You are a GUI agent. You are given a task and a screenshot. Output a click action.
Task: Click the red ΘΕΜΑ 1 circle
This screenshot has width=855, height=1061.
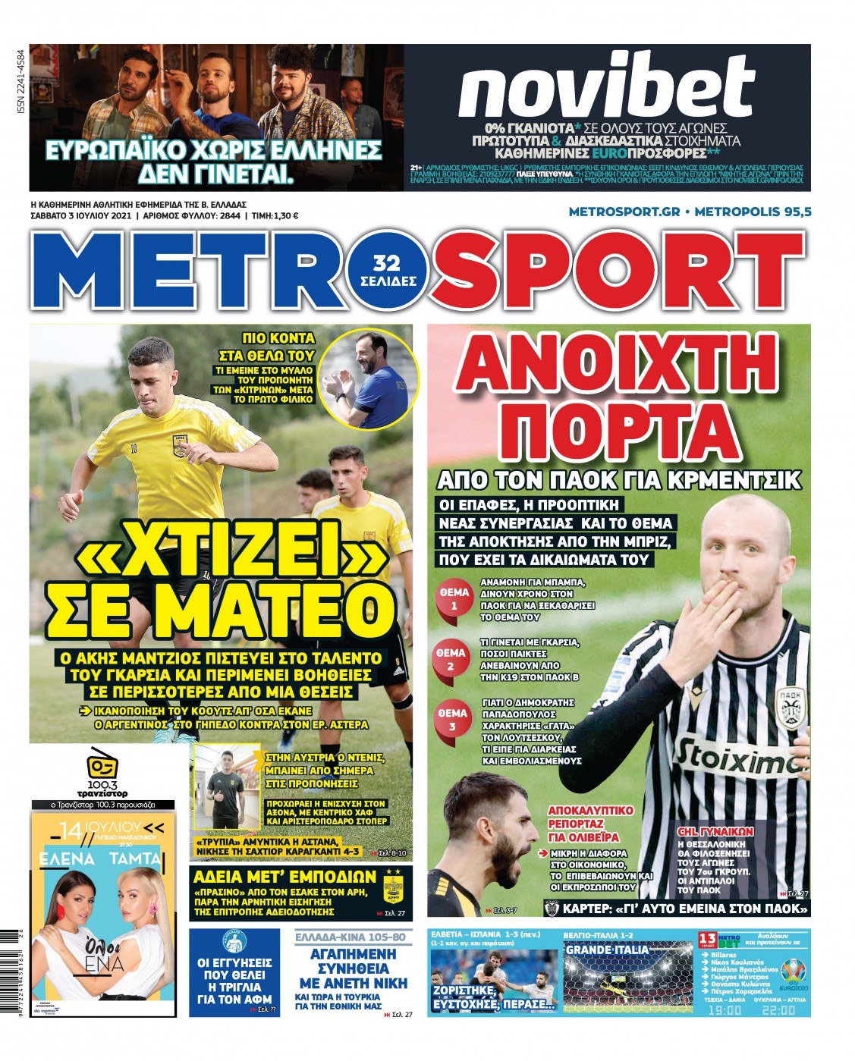coord(454,599)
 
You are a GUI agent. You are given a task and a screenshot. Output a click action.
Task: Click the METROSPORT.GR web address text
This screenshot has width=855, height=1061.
coord(623,212)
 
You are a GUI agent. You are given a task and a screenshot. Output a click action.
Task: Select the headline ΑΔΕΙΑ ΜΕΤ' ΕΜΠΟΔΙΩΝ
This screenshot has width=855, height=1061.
coord(284,877)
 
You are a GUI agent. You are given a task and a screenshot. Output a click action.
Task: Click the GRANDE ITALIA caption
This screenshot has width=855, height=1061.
coord(608,950)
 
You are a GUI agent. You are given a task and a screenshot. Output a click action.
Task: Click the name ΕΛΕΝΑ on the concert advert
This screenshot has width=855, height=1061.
coord(68,859)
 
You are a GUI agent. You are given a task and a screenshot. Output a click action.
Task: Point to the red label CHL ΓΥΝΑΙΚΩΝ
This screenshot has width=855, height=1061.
coord(713,832)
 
